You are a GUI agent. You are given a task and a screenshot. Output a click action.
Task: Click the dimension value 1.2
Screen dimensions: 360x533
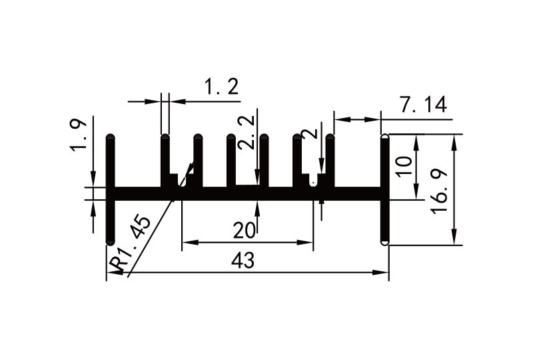click(x=220, y=87)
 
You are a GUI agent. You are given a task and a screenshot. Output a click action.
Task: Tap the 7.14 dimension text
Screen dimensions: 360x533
click(x=422, y=105)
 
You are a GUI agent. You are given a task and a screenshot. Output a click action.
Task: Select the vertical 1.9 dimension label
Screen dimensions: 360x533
click(x=78, y=136)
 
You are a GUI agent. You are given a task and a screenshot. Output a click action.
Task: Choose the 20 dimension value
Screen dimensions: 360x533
click(x=245, y=231)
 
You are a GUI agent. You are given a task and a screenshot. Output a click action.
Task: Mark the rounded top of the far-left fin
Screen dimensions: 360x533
click(x=111, y=137)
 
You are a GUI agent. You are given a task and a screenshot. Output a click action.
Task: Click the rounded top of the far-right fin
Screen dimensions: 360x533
click(x=384, y=137)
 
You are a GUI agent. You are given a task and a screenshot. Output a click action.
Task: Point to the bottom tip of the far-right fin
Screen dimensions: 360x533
click(x=384, y=243)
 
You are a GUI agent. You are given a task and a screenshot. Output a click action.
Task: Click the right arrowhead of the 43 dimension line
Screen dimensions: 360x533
click(x=384, y=272)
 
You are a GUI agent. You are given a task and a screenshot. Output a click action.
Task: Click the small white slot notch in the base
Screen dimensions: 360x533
click(x=314, y=181)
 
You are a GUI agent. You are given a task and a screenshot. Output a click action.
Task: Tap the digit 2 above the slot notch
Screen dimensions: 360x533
click(x=308, y=133)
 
